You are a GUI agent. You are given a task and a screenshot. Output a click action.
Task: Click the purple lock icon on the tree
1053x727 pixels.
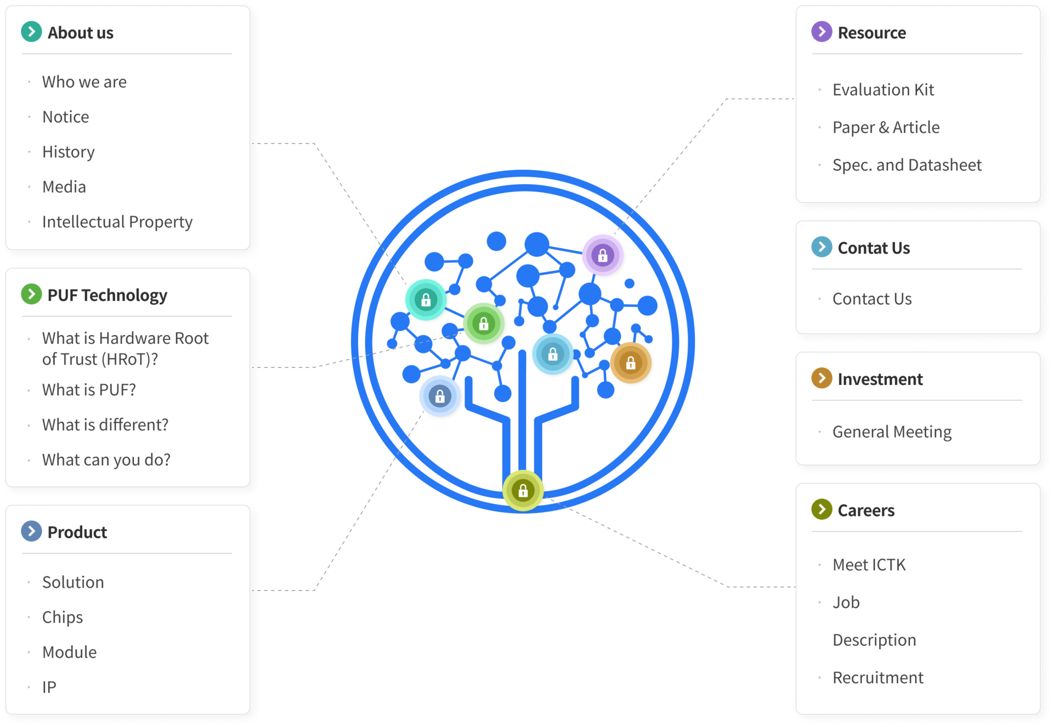(603, 255)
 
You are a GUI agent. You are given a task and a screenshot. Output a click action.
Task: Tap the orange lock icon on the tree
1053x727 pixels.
(631, 362)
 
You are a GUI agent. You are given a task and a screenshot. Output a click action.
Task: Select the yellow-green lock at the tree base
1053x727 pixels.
(523, 490)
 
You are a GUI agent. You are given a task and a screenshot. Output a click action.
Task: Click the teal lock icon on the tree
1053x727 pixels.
(426, 300)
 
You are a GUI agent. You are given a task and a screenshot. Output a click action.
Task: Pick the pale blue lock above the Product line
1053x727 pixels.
(440, 396)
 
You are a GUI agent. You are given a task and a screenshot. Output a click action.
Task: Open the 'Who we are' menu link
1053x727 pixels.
(84, 82)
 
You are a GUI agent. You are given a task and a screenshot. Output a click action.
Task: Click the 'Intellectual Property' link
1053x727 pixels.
(117, 221)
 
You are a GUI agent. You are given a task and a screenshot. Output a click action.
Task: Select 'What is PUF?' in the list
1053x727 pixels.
(89, 390)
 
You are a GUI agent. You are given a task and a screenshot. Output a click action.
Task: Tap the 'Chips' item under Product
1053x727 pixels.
(63, 617)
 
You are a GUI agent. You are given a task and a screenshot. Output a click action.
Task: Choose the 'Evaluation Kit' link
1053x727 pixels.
(883, 89)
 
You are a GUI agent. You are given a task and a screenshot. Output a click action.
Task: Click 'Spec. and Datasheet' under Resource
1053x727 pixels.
(907, 165)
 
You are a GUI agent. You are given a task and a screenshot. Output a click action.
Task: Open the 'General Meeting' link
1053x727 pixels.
(892, 432)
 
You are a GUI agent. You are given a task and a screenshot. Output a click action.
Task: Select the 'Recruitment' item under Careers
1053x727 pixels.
(877, 678)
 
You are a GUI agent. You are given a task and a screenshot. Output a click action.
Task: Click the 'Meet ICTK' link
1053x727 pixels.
(869, 565)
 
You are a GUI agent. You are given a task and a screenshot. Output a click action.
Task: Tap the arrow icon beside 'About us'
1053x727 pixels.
(31, 32)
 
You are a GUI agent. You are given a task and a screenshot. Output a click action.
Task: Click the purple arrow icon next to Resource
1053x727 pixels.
(822, 32)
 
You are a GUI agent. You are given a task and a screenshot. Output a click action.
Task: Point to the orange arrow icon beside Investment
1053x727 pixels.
(822, 378)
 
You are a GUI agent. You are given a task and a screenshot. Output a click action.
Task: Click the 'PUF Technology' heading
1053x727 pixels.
(107, 295)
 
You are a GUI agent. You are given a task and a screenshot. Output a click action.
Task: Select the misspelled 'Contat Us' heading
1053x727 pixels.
(874, 248)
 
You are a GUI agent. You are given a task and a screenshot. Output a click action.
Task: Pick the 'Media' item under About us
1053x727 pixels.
(64, 187)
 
